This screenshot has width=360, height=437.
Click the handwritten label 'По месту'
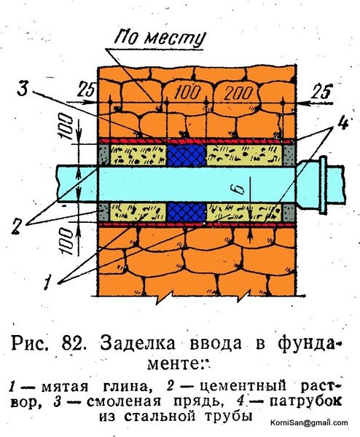160,39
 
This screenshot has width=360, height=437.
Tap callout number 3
23,88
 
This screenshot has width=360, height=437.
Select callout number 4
343,122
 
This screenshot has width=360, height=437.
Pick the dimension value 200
238,92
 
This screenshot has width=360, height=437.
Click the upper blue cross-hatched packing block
187,155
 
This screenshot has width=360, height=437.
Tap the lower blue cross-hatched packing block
187,212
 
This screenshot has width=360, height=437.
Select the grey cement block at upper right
289,155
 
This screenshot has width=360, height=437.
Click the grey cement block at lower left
103,212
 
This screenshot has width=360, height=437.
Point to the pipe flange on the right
323,184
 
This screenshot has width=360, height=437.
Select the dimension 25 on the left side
86,89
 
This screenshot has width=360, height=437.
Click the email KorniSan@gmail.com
309,422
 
